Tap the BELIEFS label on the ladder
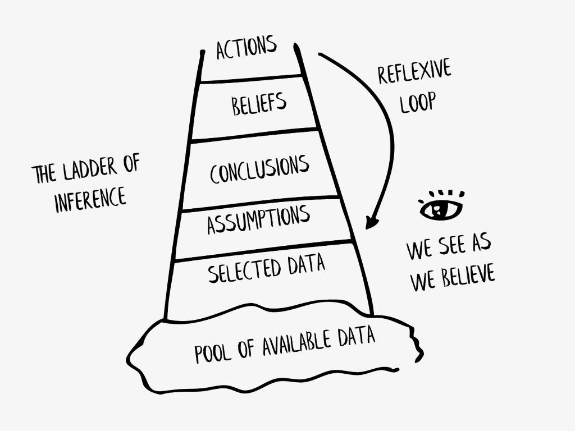coord(259,104)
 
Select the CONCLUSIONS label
coord(259,169)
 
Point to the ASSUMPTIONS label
coord(258,219)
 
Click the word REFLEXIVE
coord(414,72)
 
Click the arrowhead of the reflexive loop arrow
coord(370,222)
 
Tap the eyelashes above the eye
coord(442,190)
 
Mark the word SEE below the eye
coord(449,247)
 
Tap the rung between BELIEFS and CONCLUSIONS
coord(254,135)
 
